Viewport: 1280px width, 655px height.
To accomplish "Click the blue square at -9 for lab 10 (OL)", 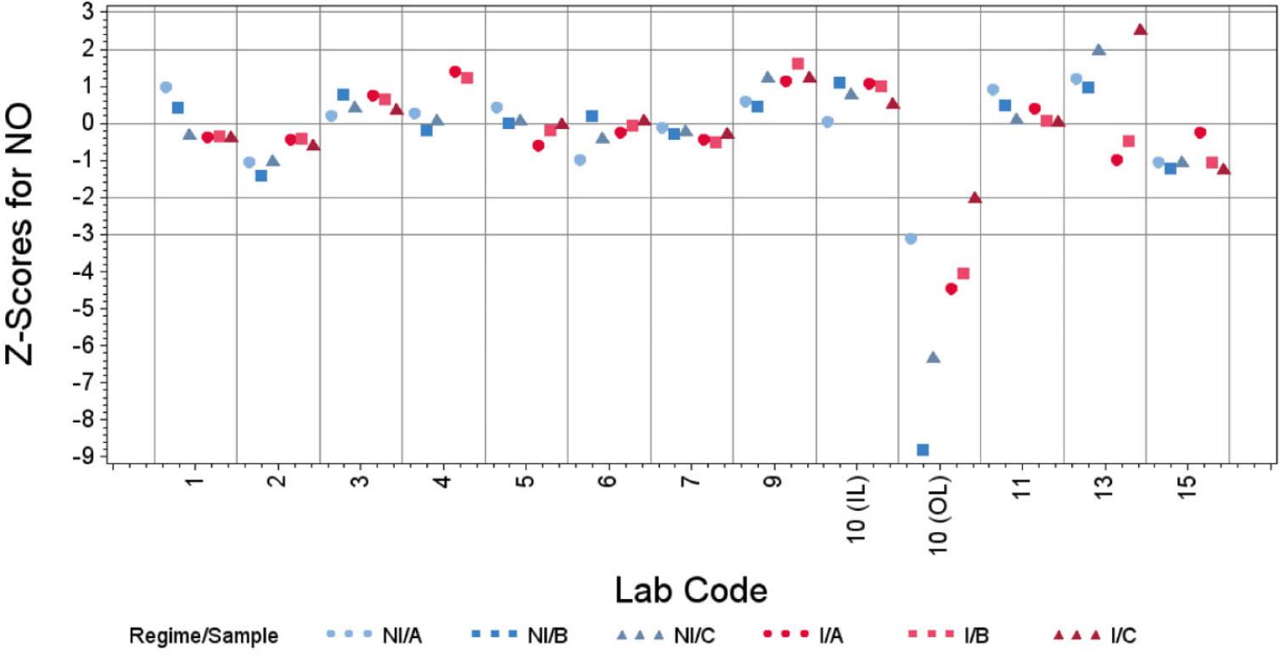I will click(x=923, y=450).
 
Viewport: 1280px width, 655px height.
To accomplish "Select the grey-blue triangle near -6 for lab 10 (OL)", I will click(x=934, y=357).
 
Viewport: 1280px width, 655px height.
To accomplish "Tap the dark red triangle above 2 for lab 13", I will click(x=1140, y=30).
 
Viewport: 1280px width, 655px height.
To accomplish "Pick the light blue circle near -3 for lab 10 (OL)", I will click(x=911, y=238).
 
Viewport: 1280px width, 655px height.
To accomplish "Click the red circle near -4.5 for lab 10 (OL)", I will click(x=952, y=289).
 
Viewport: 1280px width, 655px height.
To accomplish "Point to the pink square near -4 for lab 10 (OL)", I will click(x=963, y=273).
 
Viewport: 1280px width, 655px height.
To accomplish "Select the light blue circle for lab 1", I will click(x=166, y=87).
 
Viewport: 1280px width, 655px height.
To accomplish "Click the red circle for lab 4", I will click(x=455, y=71).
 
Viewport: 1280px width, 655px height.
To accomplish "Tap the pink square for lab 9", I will click(x=798, y=64).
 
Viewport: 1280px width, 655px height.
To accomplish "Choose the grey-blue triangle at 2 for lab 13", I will click(x=1098, y=50).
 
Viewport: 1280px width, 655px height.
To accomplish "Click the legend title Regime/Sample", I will click(x=204, y=634).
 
